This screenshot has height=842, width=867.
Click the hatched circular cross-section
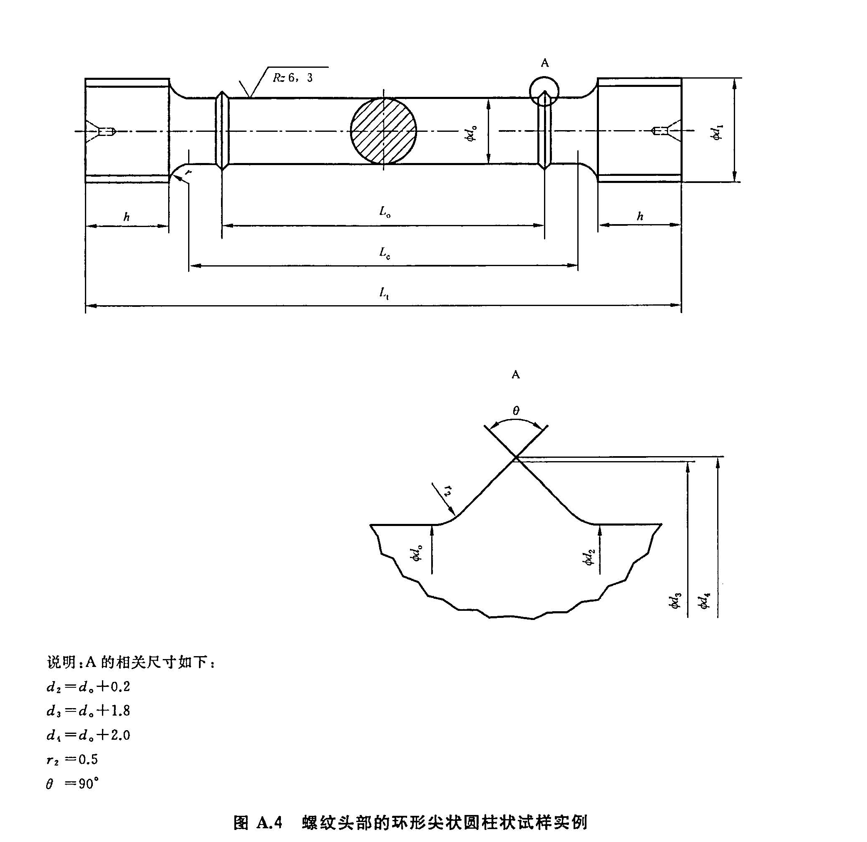383,131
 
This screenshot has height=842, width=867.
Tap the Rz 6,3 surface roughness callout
293,78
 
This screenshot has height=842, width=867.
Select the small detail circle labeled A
544,91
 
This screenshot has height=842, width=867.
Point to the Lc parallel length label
384,252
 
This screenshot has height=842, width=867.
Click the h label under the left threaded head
127,217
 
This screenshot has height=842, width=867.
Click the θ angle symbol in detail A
516,411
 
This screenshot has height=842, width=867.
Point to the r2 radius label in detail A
447,490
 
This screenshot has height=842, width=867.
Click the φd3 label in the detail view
676,600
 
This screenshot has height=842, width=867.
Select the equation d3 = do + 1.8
88,711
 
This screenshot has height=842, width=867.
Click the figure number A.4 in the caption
268,822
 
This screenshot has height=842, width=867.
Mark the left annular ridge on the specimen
222,131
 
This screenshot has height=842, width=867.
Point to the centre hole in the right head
661,131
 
